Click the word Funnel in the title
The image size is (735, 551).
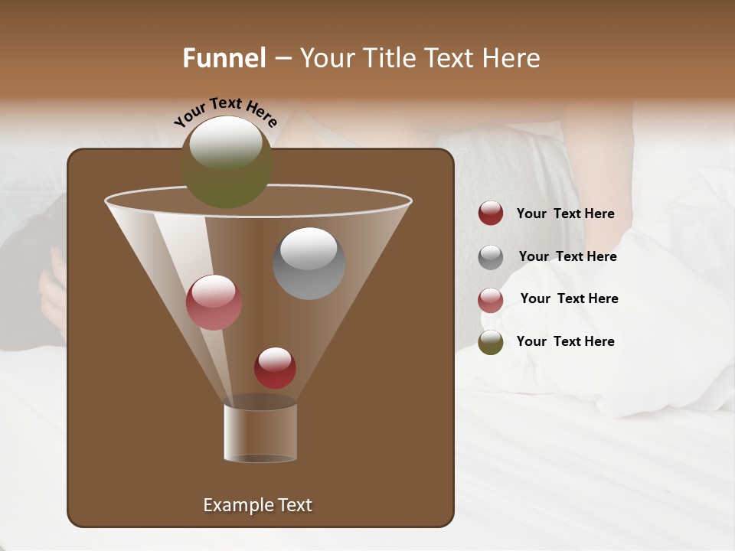click(224, 58)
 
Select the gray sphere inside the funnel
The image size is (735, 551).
click(309, 263)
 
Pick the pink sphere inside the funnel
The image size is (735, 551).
click(214, 302)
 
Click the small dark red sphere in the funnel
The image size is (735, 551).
click(275, 368)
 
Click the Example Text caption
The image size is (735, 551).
click(257, 505)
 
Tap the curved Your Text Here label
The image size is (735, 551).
click(225, 111)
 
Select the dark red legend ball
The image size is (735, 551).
click(491, 214)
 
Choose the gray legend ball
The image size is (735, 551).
click(491, 257)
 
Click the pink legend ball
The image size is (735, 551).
click(491, 300)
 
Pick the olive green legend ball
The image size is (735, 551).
click(491, 342)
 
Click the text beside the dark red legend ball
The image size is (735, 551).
click(565, 214)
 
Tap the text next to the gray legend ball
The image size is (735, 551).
click(567, 256)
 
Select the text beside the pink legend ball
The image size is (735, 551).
click(569, 298)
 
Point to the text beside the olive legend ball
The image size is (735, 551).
click(565, 341)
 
